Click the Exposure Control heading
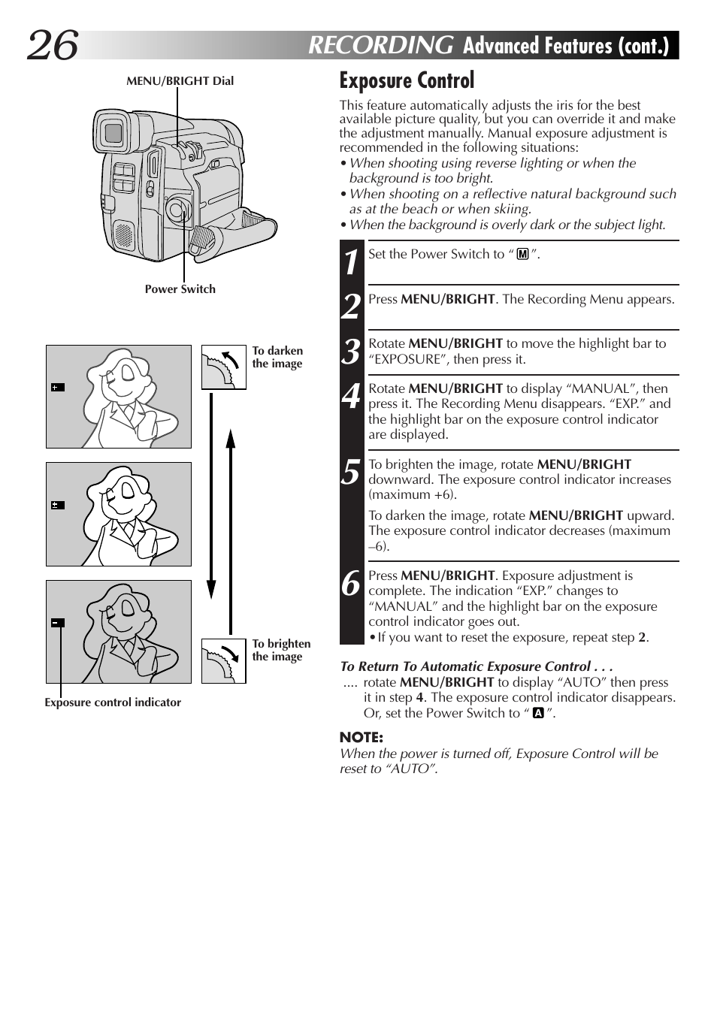407,80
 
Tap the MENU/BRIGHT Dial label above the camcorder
180,81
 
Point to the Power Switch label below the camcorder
180,289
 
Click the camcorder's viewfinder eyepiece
113,134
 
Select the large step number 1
351,262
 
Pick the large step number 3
351,352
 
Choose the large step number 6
351,583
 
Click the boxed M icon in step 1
522,255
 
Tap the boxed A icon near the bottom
538,713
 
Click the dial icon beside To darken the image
223,367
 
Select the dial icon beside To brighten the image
223,661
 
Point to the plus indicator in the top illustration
58,388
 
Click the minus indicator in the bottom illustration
58,623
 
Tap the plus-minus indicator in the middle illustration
58,506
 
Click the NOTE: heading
362,737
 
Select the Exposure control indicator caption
113,702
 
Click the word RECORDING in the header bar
380,46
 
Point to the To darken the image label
277,357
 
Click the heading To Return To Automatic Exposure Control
476,666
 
